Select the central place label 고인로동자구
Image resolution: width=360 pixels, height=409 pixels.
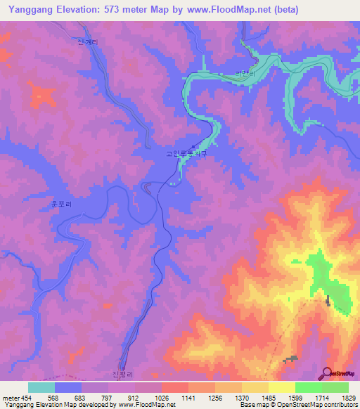186,152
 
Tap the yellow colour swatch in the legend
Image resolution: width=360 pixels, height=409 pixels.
282,387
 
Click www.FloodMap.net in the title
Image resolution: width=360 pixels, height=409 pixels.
231,10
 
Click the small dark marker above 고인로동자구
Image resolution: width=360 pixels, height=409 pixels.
193,146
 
